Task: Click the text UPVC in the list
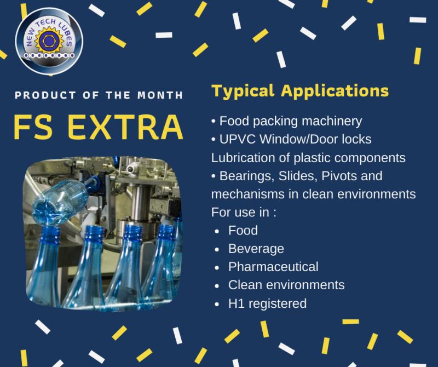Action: pyautogui.click(x=238, y=139)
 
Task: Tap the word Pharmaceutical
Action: pyautogui.click(x=273, y=267)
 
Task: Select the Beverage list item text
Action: pyautogui.click(x=256, y=249)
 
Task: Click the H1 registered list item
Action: pyautogui.click(x=267, y=303)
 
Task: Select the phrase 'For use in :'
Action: pyautogui.click(x=244, y=212)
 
